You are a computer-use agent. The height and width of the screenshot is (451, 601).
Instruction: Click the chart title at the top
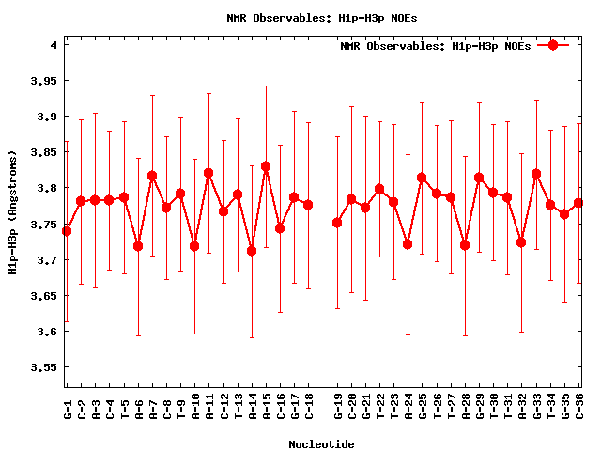pyautogui.click(x=321, y=18)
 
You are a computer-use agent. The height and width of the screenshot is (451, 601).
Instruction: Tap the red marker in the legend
pyautogui.click(x=553, y=45)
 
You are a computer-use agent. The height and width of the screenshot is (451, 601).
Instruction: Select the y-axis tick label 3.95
pyautogui.click(x=44, y=81)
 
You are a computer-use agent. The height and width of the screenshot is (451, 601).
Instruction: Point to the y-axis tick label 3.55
pyautogui.click(x=44, y=367)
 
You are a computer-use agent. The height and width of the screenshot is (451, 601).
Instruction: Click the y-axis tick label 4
pyautogui.click(x=54, y=45)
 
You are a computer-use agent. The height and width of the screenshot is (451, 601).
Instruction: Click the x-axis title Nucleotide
pyautogui.click(x=321, y=444)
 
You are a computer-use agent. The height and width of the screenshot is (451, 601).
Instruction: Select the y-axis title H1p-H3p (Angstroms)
pyautogui.click(x=12, y=212)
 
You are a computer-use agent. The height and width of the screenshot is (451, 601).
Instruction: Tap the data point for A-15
pyautogui.click(x=266, y=166)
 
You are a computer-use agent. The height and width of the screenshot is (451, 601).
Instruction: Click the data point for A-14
pyautogui.click(x=252, y=251)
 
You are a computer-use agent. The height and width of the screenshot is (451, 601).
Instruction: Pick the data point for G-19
pyautogui.click(x=337, y=223)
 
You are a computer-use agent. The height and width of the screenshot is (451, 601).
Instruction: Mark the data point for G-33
pyautogui.click(x=536, y=174)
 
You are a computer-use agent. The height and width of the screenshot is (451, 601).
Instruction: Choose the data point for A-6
pyautogui.click(x=138, y=246)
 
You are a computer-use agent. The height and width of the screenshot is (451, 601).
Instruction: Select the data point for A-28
pyautogui.click(x=465, y=245)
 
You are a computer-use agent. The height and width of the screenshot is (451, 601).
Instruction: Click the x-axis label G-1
pyautogui.click(x=68, y=406)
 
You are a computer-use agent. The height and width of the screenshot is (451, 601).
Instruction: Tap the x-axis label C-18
pyautogui.click(x=309, y=406)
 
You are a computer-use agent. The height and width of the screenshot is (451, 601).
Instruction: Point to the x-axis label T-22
pyautogui.click(x=379, y=406)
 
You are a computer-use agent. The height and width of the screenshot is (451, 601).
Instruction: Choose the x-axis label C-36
pyautogui.click(x=578, y=406)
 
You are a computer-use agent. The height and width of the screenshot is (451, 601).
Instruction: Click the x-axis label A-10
pyautogui.click(x=195, y=406)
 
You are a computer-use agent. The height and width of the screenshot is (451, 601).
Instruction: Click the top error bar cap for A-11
pyautogui.click(x=208, y=93)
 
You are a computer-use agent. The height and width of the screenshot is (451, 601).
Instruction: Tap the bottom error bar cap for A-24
pyautogui.click(x=408, y=334)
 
